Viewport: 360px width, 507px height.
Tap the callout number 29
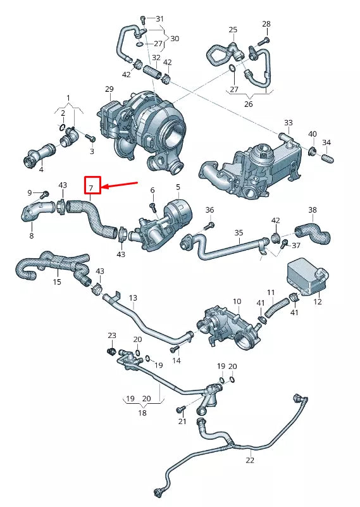coord(109,89)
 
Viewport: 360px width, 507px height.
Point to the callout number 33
coord(288,123)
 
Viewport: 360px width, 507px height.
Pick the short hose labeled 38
coord(314,233)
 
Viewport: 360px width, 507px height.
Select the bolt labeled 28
coord(261,41)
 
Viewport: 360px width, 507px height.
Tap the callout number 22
coord(250,460)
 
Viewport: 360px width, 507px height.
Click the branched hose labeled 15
coord(54,266)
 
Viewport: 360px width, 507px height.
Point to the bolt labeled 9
coord(46,193)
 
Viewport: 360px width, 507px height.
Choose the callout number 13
coord(133,298)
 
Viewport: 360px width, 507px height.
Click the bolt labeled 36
coord(209,225)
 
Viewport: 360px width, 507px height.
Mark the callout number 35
coord(239,233)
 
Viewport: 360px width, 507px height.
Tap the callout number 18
coord(142,412)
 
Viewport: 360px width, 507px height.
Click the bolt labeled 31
coord(144,18)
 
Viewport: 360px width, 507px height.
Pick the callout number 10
coord(237,301)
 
